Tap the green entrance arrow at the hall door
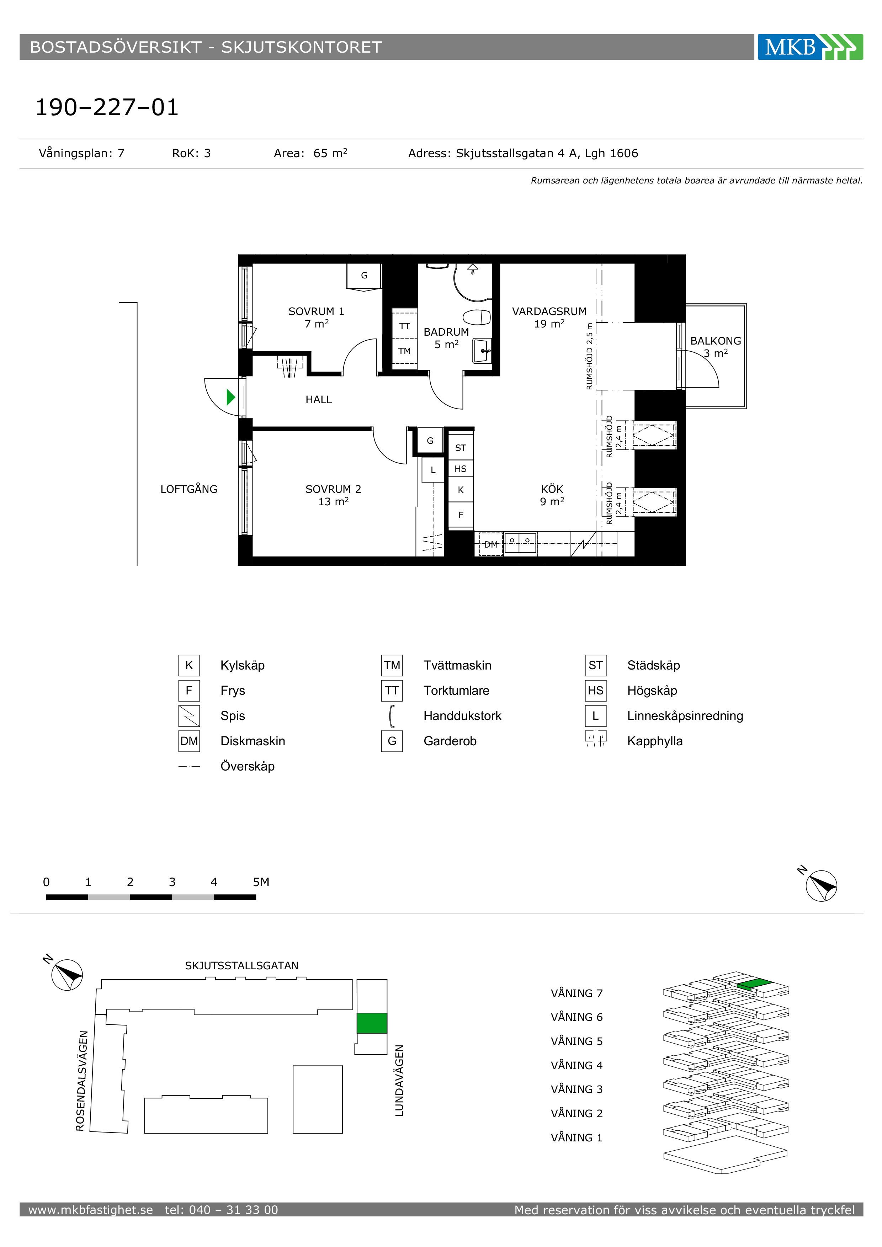(x=231, y=398)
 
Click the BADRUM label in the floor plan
(x=446, y=332)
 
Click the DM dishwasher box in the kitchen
(x=490, y=544)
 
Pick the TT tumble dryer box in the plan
(x=405, y=325)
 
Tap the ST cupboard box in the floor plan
(x=461, y=448)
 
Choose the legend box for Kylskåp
(x=189, y=665)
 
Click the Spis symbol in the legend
(x=189, y=716)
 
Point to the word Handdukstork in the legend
(x=462, y=716)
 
